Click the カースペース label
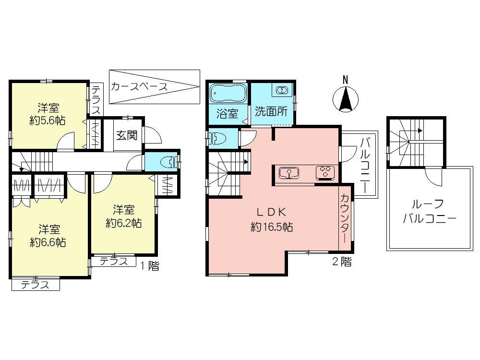(139, 87)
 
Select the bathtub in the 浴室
(228, 93)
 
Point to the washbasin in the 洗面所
(282, 90)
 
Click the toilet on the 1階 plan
(168, 160)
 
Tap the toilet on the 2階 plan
(218, 138)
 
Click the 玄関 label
(126, 135)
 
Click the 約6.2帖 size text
(123, 223)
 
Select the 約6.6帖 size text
(48, 242)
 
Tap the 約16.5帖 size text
(272, 227)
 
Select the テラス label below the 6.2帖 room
(114, 262)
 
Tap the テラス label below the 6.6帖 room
(35, 285)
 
